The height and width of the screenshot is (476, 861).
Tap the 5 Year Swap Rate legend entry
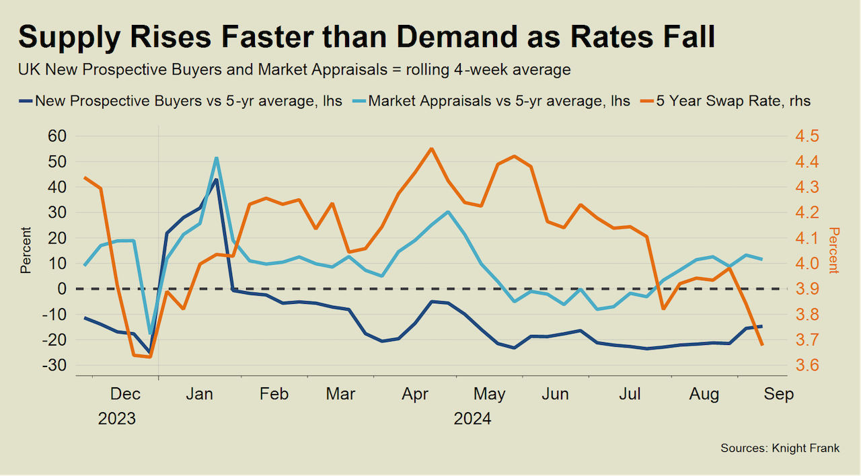click(733, 102)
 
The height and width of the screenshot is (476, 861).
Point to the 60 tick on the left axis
click(58, 136)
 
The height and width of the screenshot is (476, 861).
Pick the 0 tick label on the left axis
click(62, 289)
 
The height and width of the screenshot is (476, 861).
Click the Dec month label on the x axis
click(126, 394)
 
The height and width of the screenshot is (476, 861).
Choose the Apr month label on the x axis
click(415, 394)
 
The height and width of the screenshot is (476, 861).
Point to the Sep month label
click(779, 394)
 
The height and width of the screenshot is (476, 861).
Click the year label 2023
click(117, 419)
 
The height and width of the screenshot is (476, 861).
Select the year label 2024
click(472, 419)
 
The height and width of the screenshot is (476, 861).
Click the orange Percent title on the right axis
click(834, 250)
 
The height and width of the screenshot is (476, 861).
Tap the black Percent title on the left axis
click(26, 250)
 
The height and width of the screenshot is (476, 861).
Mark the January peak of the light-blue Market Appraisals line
click(217, 158)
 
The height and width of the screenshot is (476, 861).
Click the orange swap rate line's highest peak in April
click(431, 149)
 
